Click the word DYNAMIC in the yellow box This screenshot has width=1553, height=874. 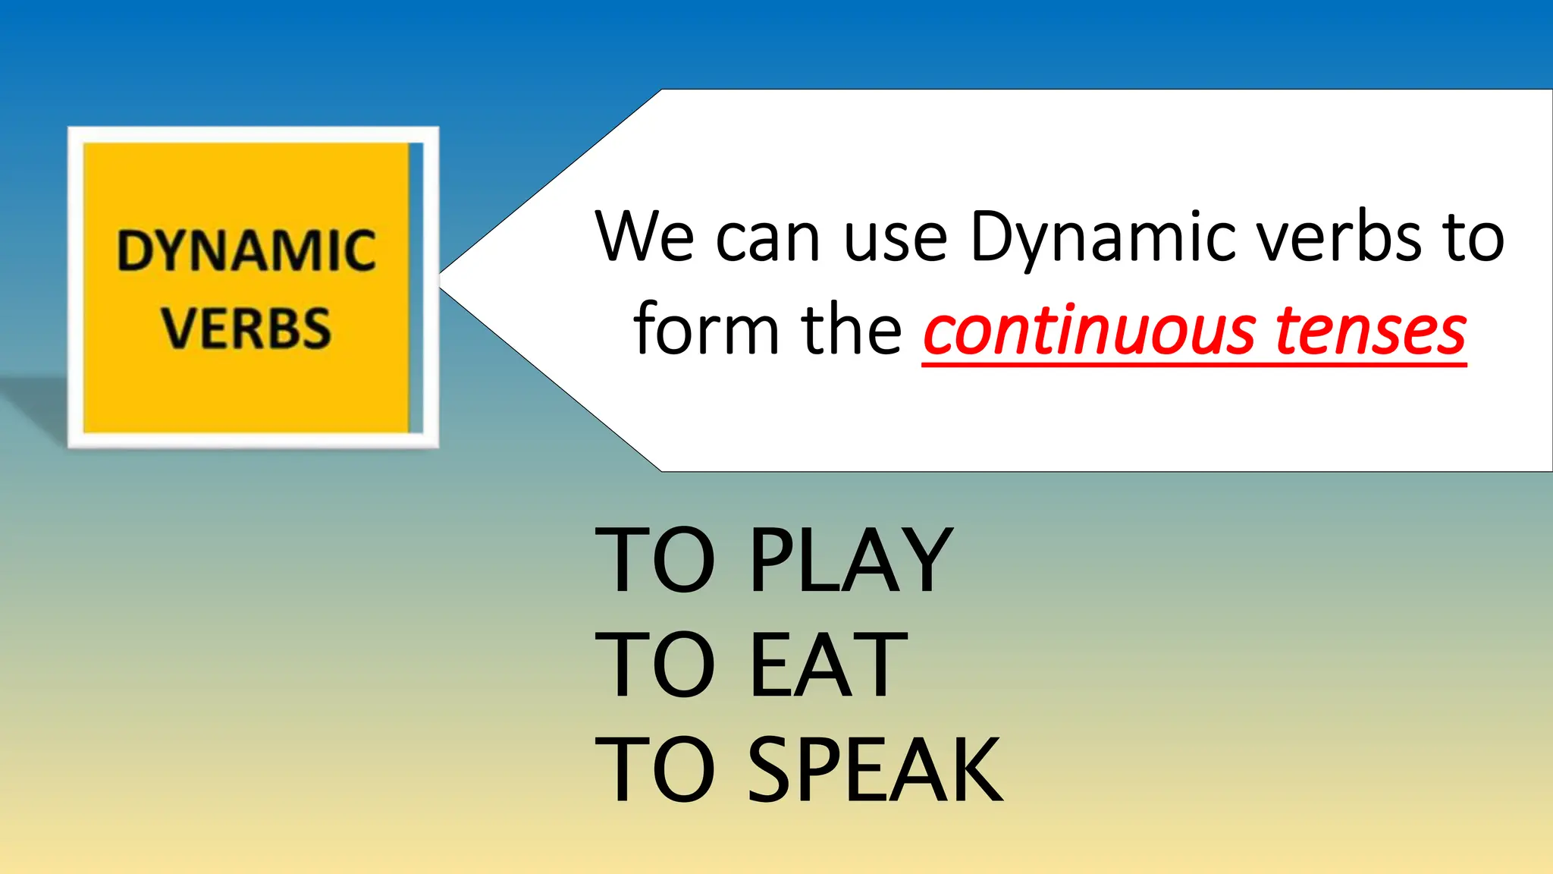tap(246, 251)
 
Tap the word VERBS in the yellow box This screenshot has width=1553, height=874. tap(246, 329)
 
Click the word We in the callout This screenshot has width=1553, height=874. tap(645, 237)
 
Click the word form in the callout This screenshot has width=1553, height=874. tap(705, 329)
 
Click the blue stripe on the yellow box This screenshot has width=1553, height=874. tap(416, 288)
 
